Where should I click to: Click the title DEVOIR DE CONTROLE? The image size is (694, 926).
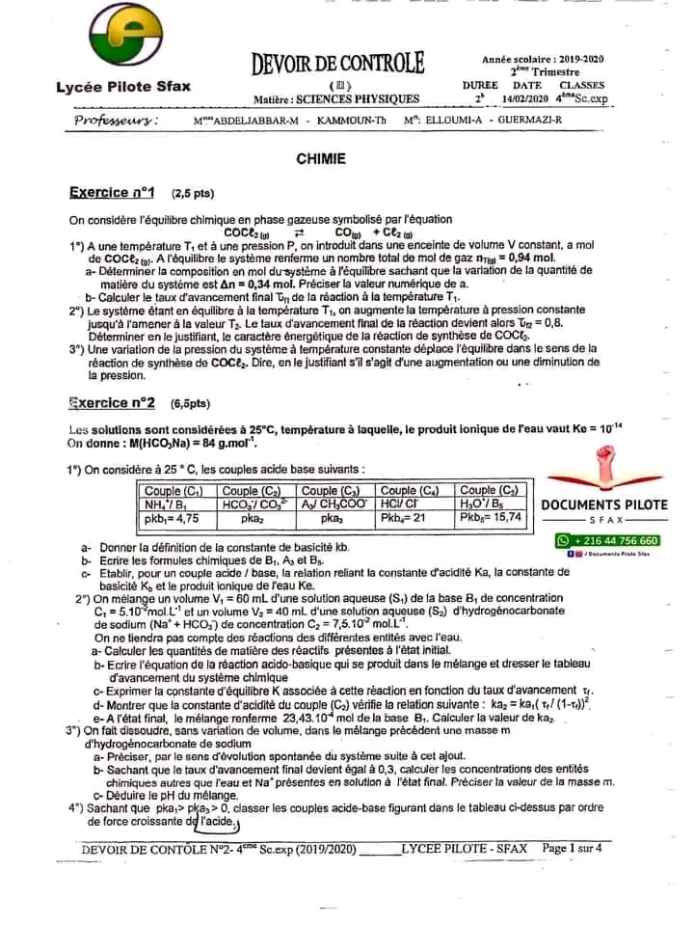337,65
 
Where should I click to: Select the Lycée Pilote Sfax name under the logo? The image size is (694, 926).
123,87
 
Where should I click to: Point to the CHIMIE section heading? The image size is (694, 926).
321,159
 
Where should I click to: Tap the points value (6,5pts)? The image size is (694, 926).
190,403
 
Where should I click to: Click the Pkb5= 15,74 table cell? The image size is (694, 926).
491,516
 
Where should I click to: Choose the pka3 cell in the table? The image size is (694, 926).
333,517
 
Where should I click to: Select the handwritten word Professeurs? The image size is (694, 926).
117,121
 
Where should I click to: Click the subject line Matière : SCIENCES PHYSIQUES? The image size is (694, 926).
336,98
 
